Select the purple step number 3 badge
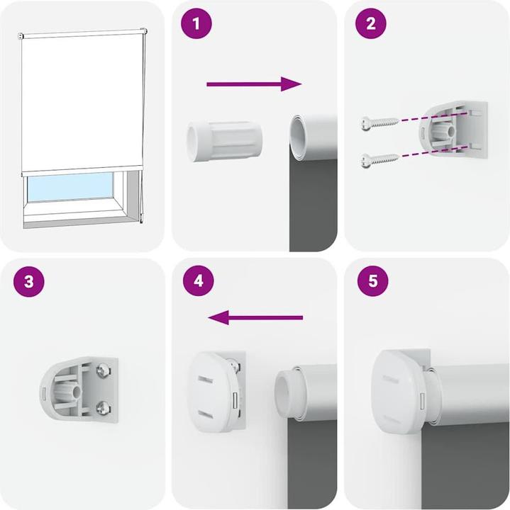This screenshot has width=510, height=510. point(28,281)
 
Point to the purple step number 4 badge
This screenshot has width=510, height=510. point(198,281)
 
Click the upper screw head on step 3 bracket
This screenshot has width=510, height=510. point(104,370)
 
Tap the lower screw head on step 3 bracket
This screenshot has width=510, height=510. point(104,407)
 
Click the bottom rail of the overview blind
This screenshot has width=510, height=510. point(82,171)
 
